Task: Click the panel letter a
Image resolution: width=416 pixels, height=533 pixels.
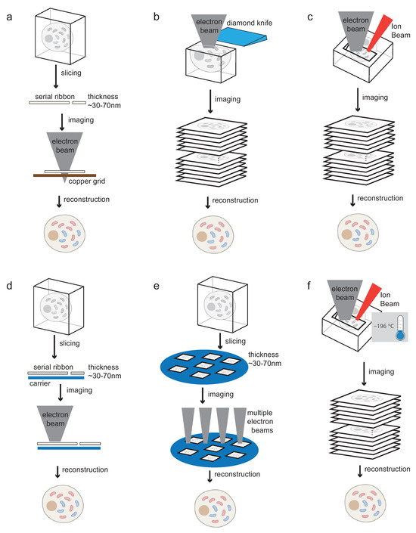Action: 9,17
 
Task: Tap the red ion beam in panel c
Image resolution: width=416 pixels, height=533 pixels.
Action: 378,33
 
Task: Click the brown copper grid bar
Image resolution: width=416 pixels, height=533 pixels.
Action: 64,175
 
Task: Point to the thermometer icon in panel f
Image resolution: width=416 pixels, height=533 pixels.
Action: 400,328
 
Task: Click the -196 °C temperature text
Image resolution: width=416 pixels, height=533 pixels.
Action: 384,326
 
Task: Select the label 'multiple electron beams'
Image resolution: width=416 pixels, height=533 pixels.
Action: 260,422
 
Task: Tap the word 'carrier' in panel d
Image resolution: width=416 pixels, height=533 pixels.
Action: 40,383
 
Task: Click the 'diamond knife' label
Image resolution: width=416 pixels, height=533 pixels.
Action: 250,23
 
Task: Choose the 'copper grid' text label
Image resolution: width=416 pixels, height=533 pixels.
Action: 87,181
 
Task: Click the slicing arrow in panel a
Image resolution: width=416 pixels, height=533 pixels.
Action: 56,76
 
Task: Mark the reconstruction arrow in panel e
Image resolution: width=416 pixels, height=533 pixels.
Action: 210,476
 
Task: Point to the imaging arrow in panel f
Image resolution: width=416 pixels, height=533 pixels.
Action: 364,373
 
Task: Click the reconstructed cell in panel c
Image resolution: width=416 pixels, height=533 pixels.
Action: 358,233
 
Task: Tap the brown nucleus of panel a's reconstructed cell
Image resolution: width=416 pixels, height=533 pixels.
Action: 53,236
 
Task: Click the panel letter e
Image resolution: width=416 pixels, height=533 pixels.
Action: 156,286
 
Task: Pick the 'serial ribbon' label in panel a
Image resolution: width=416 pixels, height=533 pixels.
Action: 54,97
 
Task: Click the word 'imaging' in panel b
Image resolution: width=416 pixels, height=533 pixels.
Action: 227,99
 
